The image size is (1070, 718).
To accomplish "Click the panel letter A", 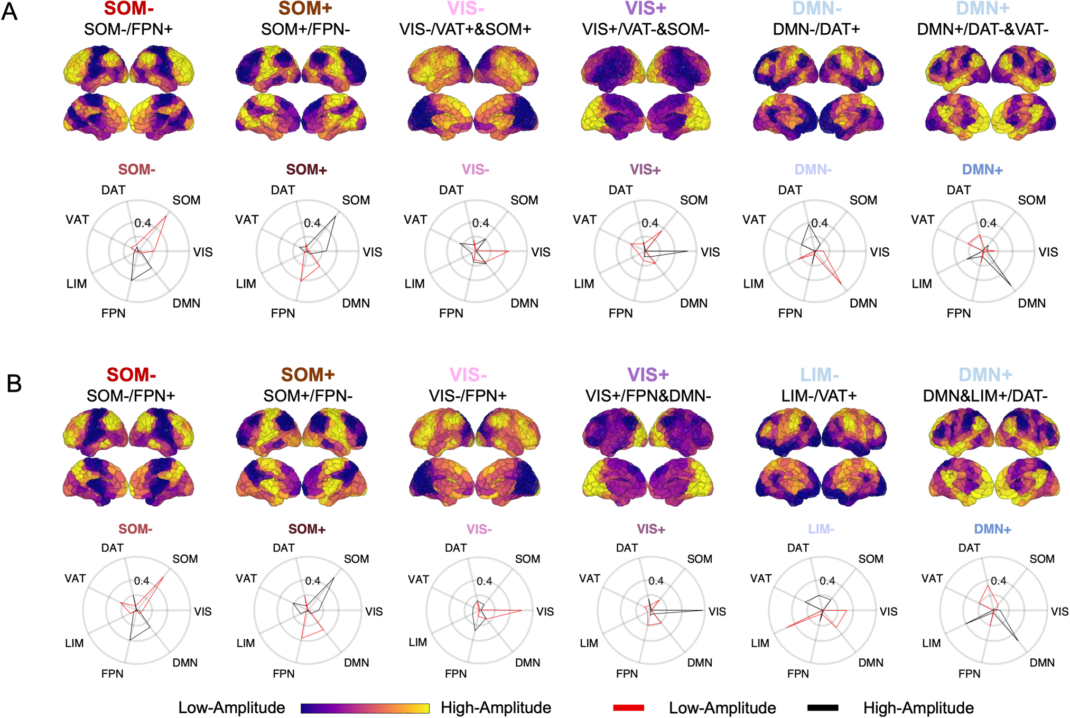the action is (10, 11).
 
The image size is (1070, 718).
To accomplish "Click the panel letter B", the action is (14, 384).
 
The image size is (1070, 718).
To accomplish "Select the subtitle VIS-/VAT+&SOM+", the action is (465, 30).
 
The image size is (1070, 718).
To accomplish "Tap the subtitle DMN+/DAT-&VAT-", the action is (983, 30).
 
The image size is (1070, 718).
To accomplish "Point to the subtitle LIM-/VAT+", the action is (819, 396).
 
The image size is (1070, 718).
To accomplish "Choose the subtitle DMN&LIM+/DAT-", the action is (985, 396).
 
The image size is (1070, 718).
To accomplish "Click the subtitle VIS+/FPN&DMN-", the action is (648, 396).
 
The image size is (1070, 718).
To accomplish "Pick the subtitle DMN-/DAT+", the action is (816, 30).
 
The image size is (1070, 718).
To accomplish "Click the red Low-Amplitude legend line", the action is (629, 707).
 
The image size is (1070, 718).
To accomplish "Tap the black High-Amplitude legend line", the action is (823, 707).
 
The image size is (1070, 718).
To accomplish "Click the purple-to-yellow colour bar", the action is (365, 708).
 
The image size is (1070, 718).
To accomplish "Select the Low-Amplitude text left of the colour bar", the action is (231, 708).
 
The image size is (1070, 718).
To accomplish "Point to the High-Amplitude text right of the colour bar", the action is (496, 708).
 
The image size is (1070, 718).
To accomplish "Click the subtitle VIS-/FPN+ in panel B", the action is (468, 396).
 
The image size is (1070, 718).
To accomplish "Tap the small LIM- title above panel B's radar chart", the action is (821, 529).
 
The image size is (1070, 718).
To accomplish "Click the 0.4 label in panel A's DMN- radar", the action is (820, 223).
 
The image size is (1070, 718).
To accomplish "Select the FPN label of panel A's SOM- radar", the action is (114, 313).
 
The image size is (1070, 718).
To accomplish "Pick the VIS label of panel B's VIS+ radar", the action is (717, 612).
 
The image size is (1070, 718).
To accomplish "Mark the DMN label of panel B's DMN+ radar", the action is (1042, 663).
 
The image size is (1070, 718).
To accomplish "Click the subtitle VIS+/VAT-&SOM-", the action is (646, 30).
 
